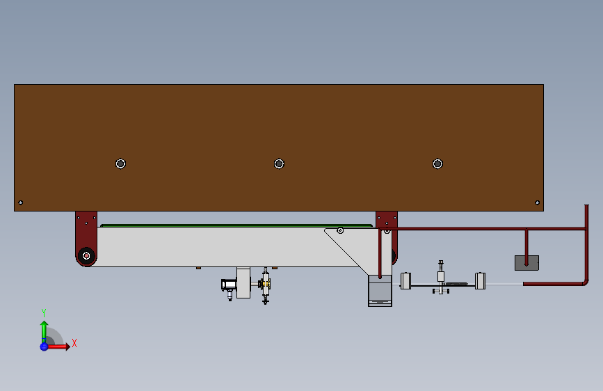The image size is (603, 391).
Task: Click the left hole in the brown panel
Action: tap(120, 163)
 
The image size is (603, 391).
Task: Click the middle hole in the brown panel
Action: tap(279, 163)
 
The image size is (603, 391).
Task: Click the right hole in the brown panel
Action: tap(437, 163)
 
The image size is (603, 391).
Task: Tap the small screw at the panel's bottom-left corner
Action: tap(21, 202)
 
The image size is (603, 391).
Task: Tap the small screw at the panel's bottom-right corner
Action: tap(537, 202)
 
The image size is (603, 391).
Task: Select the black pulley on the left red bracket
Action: tap(86, 256)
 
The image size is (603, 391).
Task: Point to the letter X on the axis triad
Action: tap(74, 343)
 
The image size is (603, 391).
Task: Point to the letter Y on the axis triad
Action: tap(43, 312)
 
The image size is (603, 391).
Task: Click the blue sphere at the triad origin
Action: tap(44, 346)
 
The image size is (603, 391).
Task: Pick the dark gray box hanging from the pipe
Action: tap(526, 263)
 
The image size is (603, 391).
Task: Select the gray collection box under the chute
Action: tap(380, 291)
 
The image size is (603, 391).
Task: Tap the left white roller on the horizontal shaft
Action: tap(406, 281)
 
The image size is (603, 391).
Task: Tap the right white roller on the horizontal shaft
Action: tap(480, 281)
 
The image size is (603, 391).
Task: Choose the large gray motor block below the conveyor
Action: tap(243, 283)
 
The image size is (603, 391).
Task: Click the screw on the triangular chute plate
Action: tap(340, 230)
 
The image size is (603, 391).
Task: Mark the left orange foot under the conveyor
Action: tap(198, 268)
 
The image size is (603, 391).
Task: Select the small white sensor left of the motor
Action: tap(227, 285)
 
